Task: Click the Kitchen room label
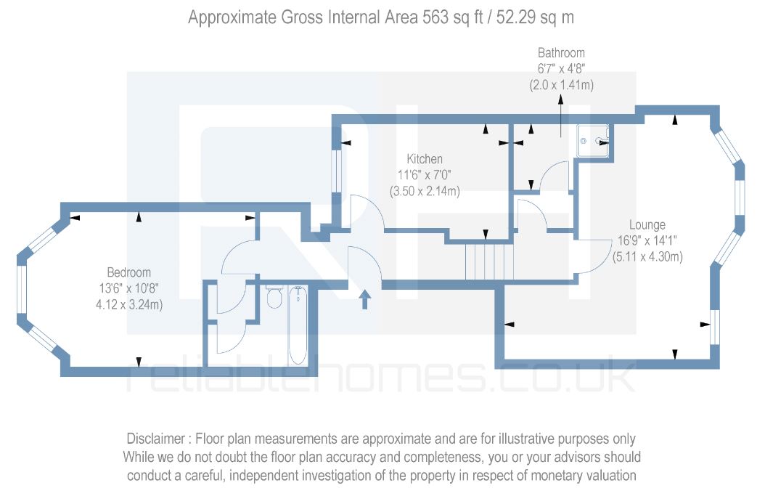pos(425,159)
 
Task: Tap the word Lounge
pos(647,225)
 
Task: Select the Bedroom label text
pos(129,272)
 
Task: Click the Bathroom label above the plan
pos(561,53)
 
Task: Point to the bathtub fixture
pos(298,325)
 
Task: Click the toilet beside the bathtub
pos(274,296)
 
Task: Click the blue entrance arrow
pos(364,299)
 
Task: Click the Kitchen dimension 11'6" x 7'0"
pos(425,175)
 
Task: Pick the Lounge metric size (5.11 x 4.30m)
pos(647,256)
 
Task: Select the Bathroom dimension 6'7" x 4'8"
pos(561,69)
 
